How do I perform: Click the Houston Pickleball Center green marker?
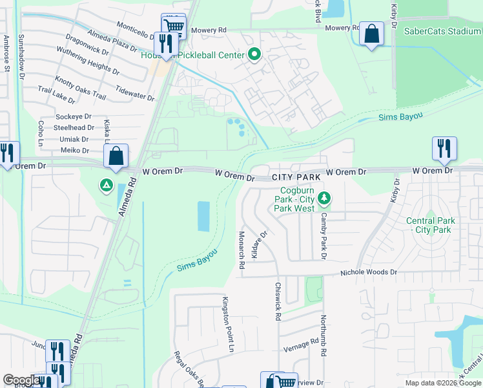coord(254,55)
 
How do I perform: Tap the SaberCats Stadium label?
coord(442,30)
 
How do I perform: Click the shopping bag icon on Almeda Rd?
coord(116,156)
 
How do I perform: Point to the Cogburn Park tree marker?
coord(327,198)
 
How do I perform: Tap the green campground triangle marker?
coord(105,186)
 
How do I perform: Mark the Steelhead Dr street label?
coord(76,128)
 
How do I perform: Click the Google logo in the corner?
coord(21,380)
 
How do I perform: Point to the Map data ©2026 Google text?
coord(442,383)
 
